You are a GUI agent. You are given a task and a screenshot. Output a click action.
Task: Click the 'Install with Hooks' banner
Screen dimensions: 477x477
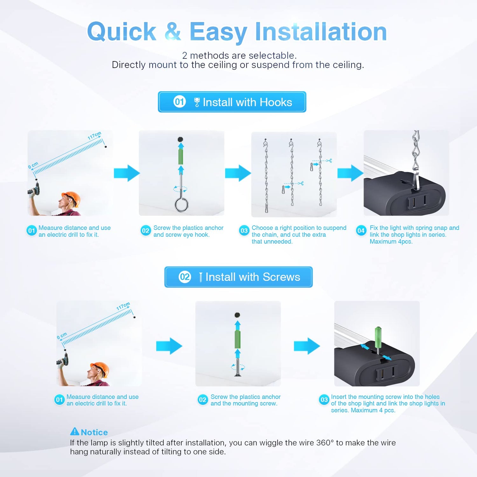pyautogui.click(x=232, y=102)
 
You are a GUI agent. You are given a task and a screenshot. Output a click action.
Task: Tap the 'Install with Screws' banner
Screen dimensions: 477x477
pyautogui.click(x=238, y=277)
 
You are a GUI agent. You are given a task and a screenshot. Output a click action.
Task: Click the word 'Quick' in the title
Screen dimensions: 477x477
pyautogui.click(x=121, y=32)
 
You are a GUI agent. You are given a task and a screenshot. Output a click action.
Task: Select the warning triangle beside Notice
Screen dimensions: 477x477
pyautogui.click(x=75, y=432)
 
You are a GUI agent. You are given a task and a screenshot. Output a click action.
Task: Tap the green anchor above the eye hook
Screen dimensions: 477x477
pyautogui.click(x=181, y=157)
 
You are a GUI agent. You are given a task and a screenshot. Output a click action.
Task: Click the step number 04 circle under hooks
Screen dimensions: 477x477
pyautogui.click(x=361, y=231)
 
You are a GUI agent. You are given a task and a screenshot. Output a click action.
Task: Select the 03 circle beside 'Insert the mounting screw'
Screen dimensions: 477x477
pyautogui.click(x=324, y=400)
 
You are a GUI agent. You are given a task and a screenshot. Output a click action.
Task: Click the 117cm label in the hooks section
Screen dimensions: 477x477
pyautogui.click(x=94, y=135)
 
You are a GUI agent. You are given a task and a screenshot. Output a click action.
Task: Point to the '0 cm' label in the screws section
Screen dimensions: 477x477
pyautogui.click(x=62, y=336)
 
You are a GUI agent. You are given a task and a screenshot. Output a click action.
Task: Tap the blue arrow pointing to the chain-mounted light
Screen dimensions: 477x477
pyautogui.click(x=350, y=173)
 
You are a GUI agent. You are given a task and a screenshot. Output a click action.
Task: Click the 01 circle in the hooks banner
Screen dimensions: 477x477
pyautogui.click(x=179, y=102)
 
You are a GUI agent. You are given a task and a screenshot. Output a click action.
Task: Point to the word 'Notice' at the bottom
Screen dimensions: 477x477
pyautogui.click(x=94, y=432)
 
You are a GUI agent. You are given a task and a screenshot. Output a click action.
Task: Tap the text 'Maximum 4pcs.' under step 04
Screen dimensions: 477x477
pyautogui.click(x=391, y=242)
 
